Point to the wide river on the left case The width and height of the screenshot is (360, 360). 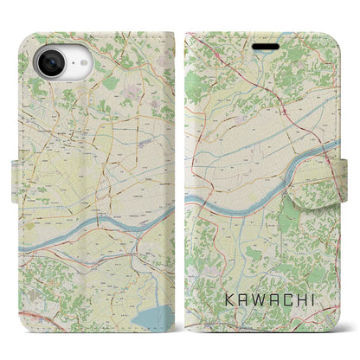[x=104, y=224]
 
